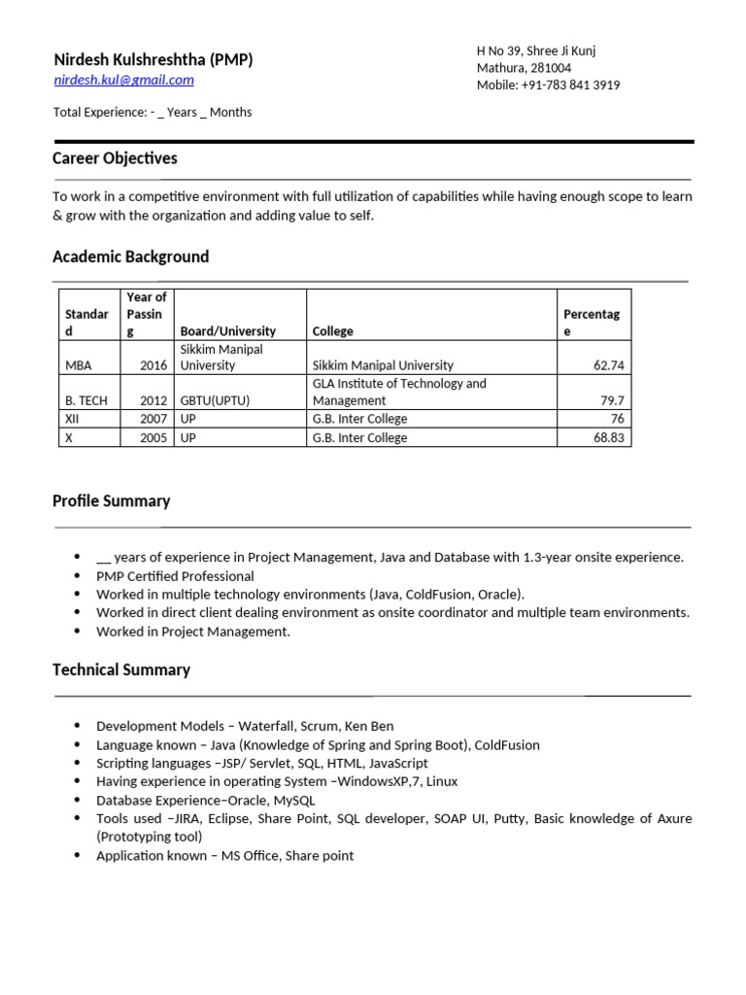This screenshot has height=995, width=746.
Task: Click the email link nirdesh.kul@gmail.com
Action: [123, 80]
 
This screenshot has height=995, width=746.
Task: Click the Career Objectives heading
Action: [115, 158]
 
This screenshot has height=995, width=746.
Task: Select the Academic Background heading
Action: [130, 257]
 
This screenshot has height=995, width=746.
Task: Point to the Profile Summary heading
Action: [111, 501]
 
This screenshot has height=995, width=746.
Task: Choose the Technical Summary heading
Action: [121, 670]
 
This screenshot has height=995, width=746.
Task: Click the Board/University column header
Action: [228, 331]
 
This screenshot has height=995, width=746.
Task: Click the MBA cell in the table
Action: [79, 366]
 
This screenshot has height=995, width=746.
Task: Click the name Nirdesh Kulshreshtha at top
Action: [136, 60]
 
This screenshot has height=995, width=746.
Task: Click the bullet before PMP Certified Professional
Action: [78, 576]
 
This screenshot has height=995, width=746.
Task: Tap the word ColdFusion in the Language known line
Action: [507, 745]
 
